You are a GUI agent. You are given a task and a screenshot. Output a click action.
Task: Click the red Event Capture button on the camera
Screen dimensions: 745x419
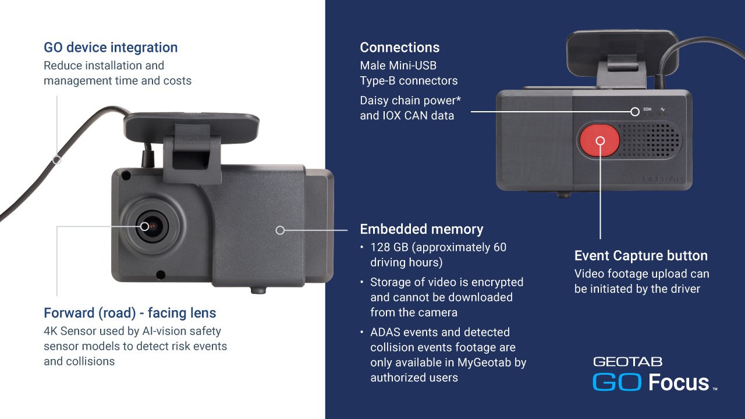(599, 140)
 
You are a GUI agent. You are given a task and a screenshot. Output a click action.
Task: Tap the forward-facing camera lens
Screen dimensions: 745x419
(152, 226)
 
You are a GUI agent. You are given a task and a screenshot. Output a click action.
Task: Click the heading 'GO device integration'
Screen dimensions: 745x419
(111, 48)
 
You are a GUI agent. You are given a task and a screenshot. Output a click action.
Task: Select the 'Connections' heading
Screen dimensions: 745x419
(400, 48)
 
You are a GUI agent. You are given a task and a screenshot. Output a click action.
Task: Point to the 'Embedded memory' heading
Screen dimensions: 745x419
(422, 229)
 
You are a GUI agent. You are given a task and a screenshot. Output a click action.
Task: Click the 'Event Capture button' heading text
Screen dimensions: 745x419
(641, 255)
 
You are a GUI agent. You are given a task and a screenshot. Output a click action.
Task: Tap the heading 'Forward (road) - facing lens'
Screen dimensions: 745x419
(130, 313)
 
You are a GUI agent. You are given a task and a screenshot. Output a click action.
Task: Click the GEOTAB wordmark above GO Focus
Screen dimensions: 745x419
(628, 362)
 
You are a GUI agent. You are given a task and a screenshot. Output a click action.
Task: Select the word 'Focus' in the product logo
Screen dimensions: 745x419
(679, 382)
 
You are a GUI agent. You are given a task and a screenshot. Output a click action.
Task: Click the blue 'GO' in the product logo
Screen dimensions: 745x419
(617, 382)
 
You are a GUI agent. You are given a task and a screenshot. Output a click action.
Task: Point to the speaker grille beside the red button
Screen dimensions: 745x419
(649, 140)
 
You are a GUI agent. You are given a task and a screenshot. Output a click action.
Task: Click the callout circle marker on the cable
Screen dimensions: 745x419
(57, 160)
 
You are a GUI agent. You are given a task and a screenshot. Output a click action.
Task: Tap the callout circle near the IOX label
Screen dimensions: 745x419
(635, 112)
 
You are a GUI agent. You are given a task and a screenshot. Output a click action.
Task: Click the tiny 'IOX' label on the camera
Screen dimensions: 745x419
(647, 109)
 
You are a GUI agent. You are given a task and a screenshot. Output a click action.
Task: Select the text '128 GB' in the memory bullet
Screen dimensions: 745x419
(389, 247)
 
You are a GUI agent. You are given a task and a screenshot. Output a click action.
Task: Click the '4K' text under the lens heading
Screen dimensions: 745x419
(50, 331)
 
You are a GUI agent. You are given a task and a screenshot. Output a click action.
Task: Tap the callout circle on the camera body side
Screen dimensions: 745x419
(280, 230)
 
